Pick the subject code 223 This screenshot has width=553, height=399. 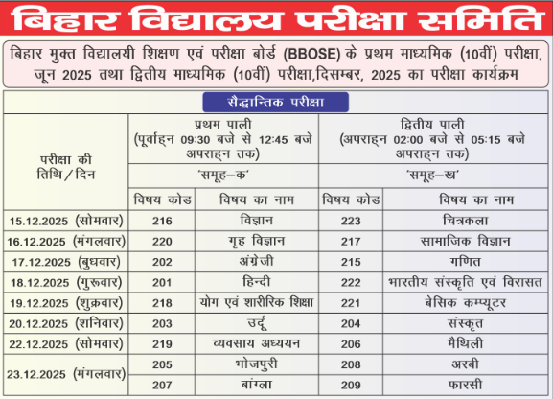[x=350, y=220]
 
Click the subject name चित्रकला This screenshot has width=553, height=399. [x=466, y=220]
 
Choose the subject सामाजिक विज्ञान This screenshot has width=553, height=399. [x=466, y=241]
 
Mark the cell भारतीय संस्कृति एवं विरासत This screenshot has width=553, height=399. [x=466, y=282]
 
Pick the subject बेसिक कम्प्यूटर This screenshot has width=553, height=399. [x=466, y=302]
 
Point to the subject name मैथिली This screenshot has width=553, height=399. [x=466, y=342]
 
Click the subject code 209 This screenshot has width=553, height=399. [x=350, y=384]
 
